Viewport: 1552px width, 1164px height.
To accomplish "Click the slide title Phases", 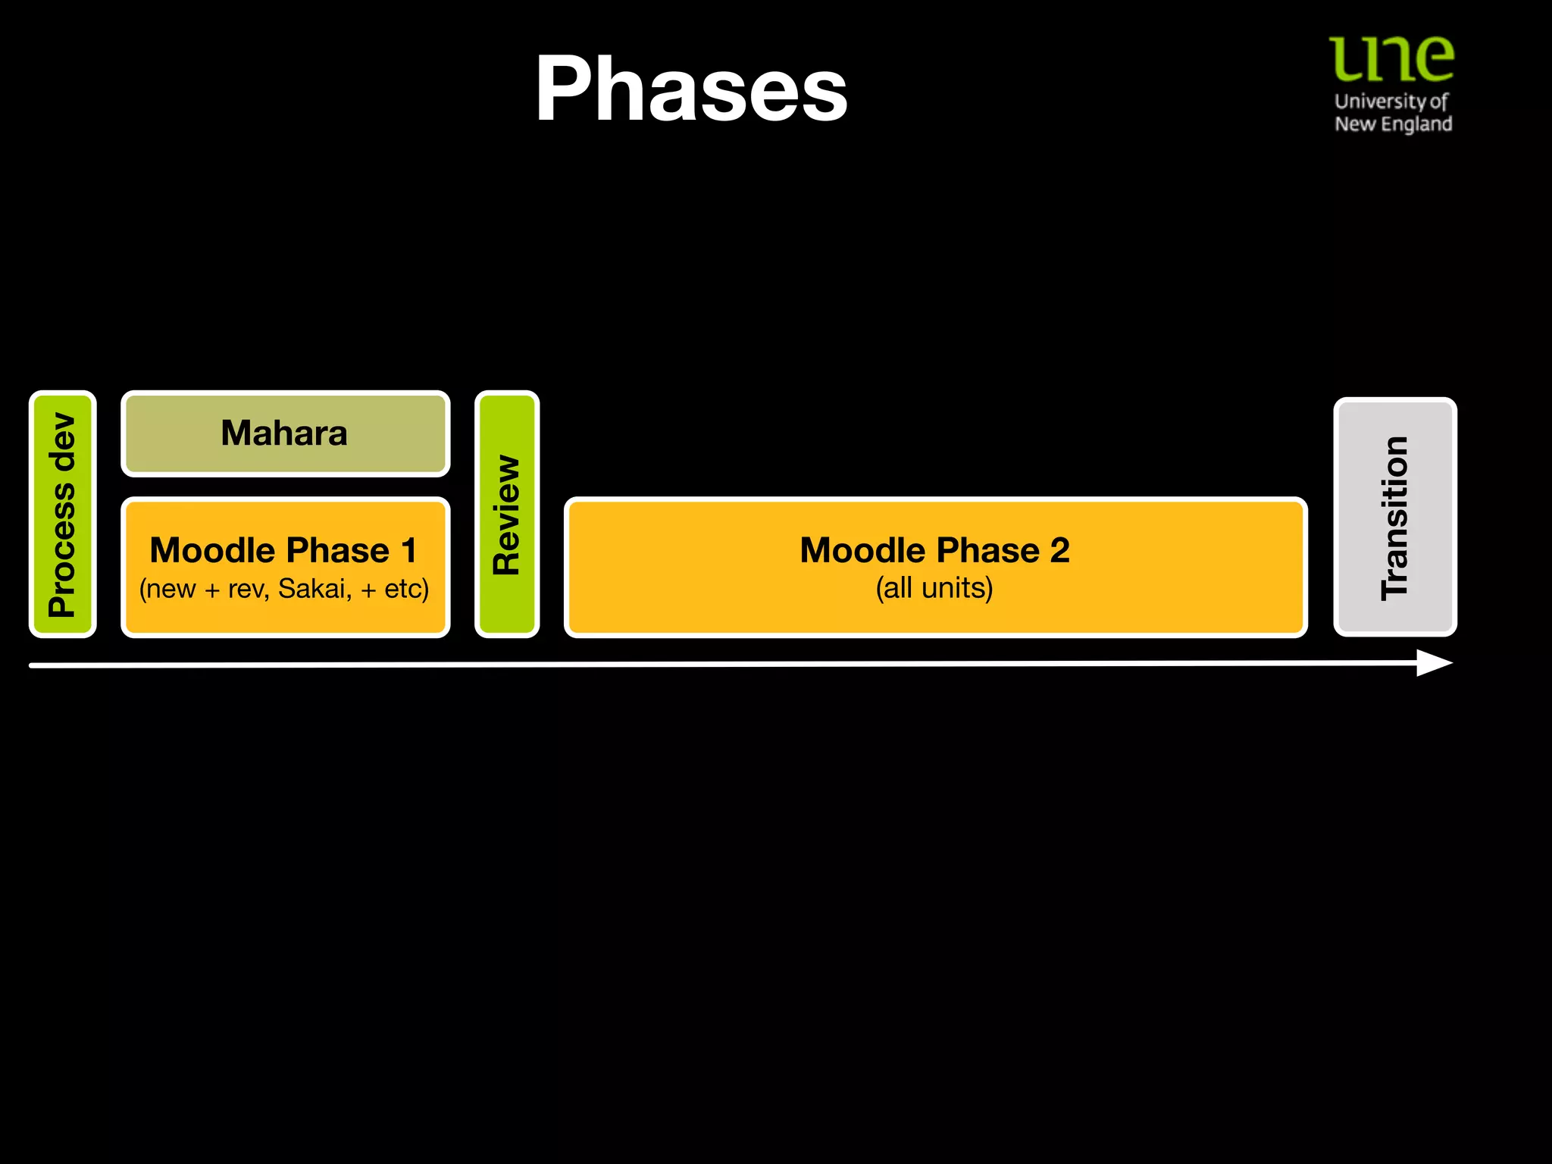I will (691, 89).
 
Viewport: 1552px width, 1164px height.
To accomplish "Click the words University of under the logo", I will (1391, 101).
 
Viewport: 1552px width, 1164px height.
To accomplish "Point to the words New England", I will (1393, 124).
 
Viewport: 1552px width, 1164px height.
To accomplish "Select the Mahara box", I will (285, 433).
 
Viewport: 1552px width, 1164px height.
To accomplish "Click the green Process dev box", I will (63, 515).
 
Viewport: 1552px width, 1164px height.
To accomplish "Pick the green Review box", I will (507, 515).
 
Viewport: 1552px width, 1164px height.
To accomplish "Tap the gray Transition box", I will (1394, 517).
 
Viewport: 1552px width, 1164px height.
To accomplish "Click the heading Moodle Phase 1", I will (283, 550).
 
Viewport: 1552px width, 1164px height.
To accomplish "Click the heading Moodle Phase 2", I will (934, 550).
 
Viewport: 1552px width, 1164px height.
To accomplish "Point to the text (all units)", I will (934, 589).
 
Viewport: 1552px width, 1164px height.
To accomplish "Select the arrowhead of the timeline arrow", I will (1435, 663).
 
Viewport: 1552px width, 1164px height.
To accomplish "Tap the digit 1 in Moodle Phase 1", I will (409, 550).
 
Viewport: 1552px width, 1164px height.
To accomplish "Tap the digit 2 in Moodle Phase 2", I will (1059, 550).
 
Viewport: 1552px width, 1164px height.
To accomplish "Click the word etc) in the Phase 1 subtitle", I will (406, 589).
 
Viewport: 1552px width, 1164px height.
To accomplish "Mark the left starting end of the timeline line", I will (32, 665).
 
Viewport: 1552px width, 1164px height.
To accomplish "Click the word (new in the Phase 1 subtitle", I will (167, 589).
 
